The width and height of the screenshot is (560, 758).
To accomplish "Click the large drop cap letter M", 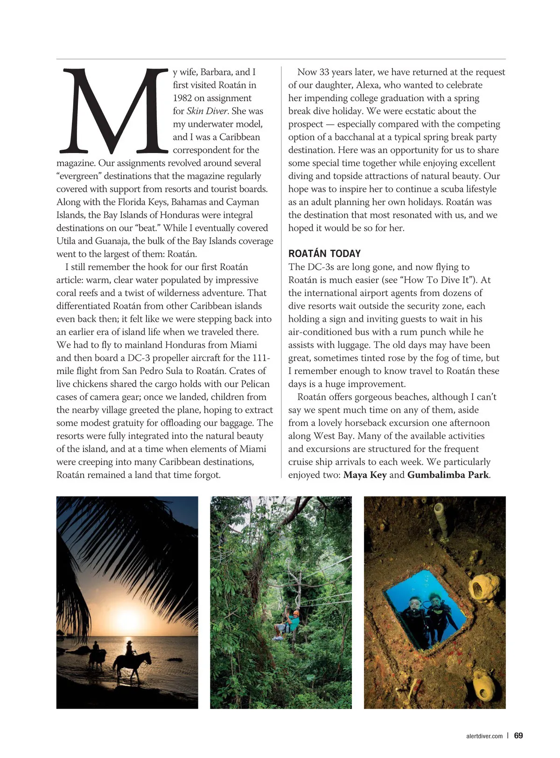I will pyautogui.click(x=112, y=111).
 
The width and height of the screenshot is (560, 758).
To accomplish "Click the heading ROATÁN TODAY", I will pyautogui.click(x=324, y=253).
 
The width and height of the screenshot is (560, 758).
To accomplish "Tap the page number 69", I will pyautogui.click(x=518, y=736).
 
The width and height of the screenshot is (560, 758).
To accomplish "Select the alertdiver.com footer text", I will pyautogui.click(x=484, y=736).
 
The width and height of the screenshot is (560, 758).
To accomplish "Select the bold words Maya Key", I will pyautogui.click(x=364, y=475).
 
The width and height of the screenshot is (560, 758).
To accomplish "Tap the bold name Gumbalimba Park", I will pyautogui.click(x=448, y=475).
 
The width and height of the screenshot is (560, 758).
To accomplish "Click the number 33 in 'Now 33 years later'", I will pyautogui.click(x=326, y=72).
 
